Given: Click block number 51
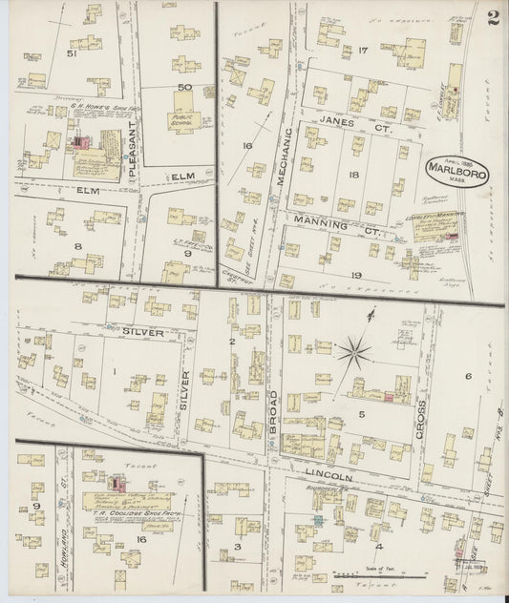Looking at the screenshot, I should pos(71,53).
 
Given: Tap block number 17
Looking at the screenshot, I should pos(363,50).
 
